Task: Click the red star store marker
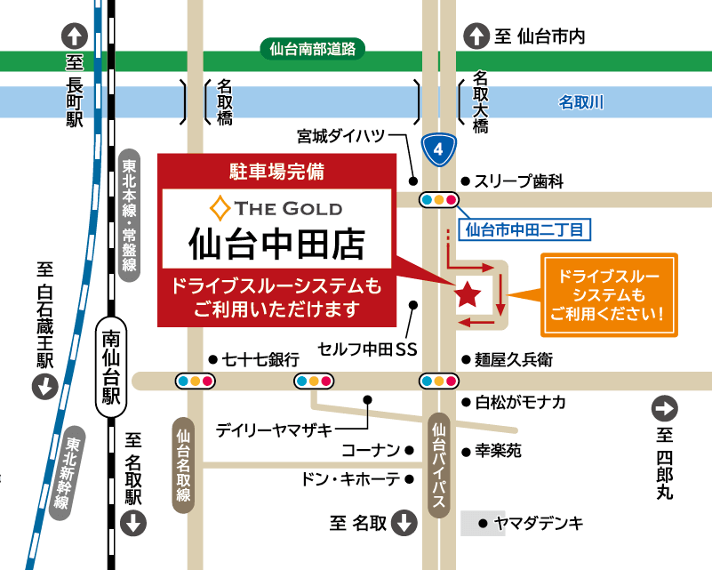tap(468, 293)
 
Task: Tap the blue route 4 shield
tap(438, 149)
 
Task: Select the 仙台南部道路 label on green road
tap(312, 50)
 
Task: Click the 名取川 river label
tap(580, 102)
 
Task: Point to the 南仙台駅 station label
tap(110, 367)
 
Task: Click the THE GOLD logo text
tap(276, 209)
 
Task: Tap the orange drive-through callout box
tap(609, 294)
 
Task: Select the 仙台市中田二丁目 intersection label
tap(526, 229)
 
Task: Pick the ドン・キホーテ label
tap(350, 478)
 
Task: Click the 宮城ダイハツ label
tap(341, 136)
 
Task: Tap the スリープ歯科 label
tap(519, 181)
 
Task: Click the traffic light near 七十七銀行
tap(314, 381)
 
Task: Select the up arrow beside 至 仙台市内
tap(476, 36)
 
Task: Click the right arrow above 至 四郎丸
tap(665, 409)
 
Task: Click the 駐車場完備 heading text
tap(276, 173)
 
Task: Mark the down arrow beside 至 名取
tap(404, 522)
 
